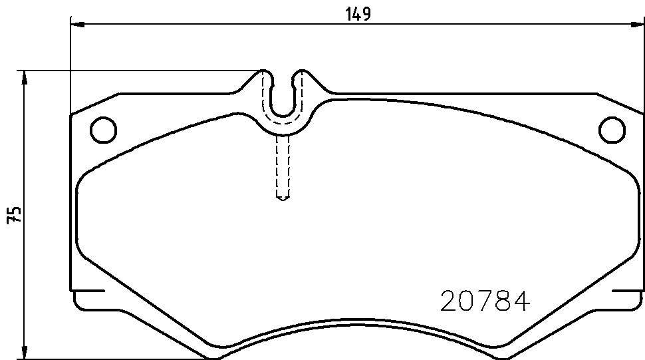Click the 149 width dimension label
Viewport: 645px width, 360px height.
(x=358, y=13)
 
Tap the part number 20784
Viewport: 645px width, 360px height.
(x=485, y=301)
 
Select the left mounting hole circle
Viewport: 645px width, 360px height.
(x=103, y=130)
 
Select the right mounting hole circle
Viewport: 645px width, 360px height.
(x=612, y=130)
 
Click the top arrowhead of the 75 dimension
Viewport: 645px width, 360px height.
(x=25, y=78)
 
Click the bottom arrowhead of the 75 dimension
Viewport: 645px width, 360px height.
(x=25, y=352)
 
